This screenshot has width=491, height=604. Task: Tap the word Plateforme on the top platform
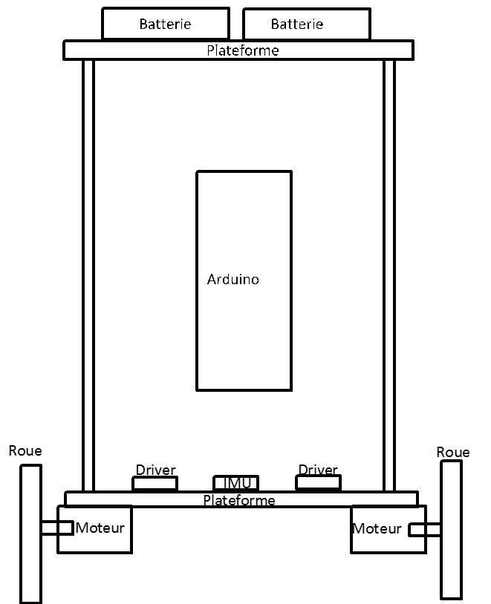click(243, 50)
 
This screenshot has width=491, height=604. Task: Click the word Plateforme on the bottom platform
click(239, 500)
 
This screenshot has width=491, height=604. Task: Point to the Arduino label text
click(233, 279)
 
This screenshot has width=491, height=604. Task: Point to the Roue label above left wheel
click(25, 450)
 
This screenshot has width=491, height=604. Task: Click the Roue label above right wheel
click(453, 452)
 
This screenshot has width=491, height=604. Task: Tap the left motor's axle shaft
click(57, 528)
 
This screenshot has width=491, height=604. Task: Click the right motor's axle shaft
click(424, 530)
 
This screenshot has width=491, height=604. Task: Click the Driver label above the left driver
click(155, 470)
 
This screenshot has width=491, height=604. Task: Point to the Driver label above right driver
click(318, 470)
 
